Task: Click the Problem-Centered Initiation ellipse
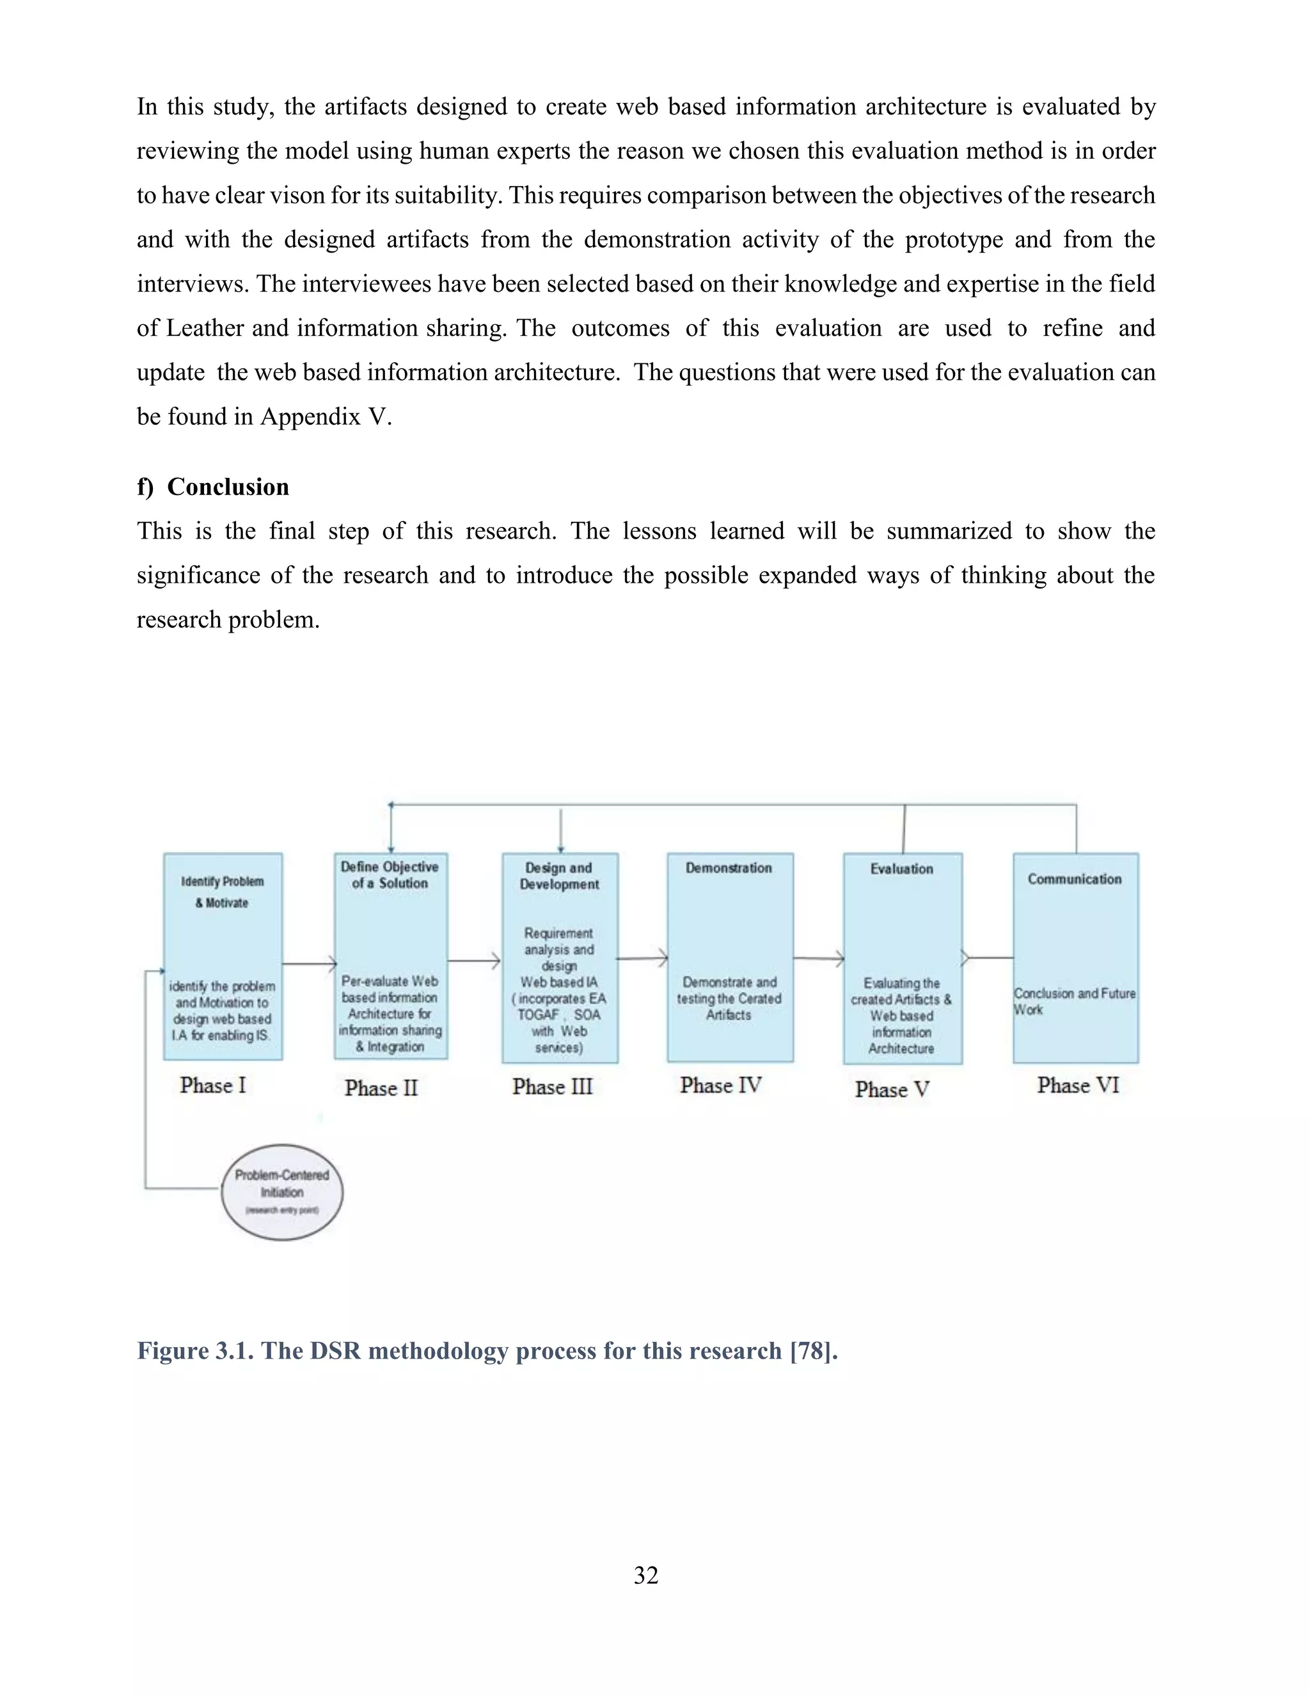point(281,1192)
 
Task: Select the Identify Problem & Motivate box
point(223,956)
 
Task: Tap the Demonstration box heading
point(729,868)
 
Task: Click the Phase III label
point(552,1087)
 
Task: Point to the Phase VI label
point(1078,1085)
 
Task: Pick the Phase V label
point(892,1089)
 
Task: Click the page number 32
point(645,1575)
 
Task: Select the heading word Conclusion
point(228,487)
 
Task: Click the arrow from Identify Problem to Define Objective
point(308,964)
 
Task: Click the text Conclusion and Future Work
point(1074,1001)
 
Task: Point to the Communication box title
point(1075,879)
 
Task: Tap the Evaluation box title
point(902,869)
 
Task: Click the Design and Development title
point(559,876)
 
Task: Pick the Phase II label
point(381,1088)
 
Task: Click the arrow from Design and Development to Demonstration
point(643,959)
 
